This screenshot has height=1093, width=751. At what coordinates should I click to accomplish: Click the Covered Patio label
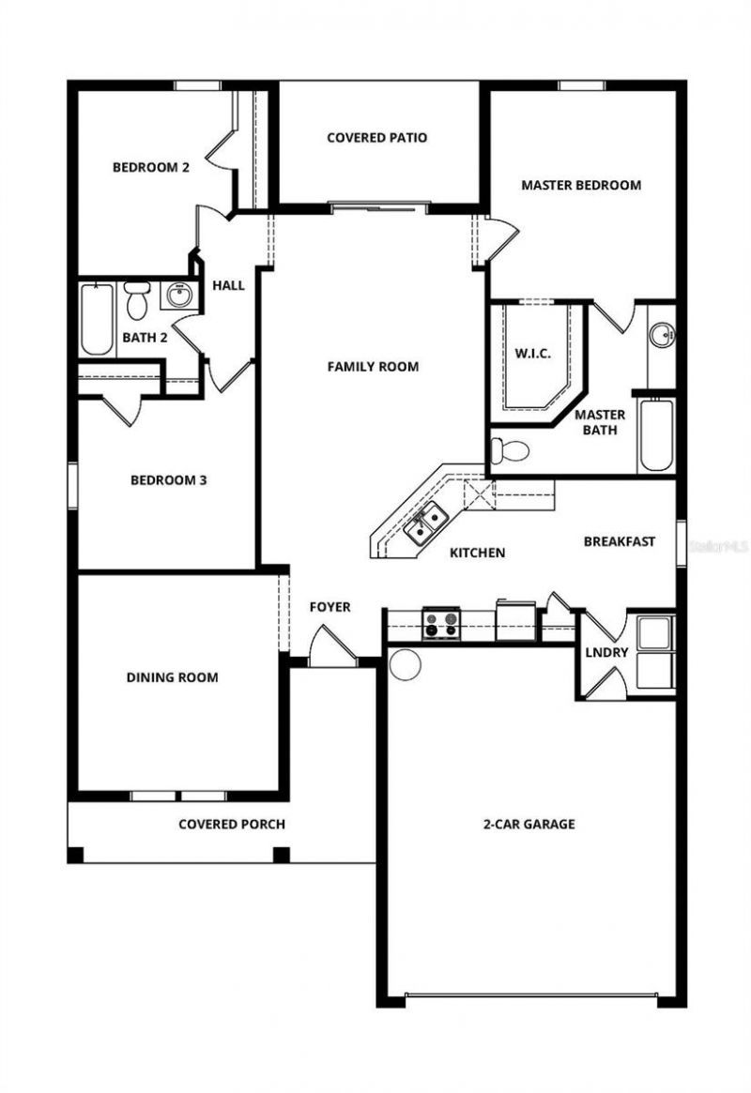[376, 138]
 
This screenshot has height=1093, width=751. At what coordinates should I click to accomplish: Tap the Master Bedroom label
[581, 185]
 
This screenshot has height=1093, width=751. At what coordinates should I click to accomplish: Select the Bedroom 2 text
[151, 168]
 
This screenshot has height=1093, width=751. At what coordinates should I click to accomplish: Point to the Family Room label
[373, 366]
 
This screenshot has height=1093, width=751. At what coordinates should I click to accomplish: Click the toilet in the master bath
[510, 451]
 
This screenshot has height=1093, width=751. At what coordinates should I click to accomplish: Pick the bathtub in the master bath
[655, 435]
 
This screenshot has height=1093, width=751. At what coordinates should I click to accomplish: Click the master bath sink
[662, 334]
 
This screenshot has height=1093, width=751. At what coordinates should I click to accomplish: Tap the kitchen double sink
[425, 523]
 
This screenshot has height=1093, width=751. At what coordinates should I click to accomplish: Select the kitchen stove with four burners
[440, 624]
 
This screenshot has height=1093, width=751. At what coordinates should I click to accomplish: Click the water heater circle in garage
[405, 664]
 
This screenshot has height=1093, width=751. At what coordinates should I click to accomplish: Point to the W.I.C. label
[532, 354]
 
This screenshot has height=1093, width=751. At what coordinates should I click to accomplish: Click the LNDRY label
[606, 652]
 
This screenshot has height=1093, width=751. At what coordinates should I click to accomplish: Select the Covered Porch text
[232, 825]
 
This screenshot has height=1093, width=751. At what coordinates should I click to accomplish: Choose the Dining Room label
[172, 676]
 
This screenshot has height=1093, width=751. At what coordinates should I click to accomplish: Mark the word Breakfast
[619, 541]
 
